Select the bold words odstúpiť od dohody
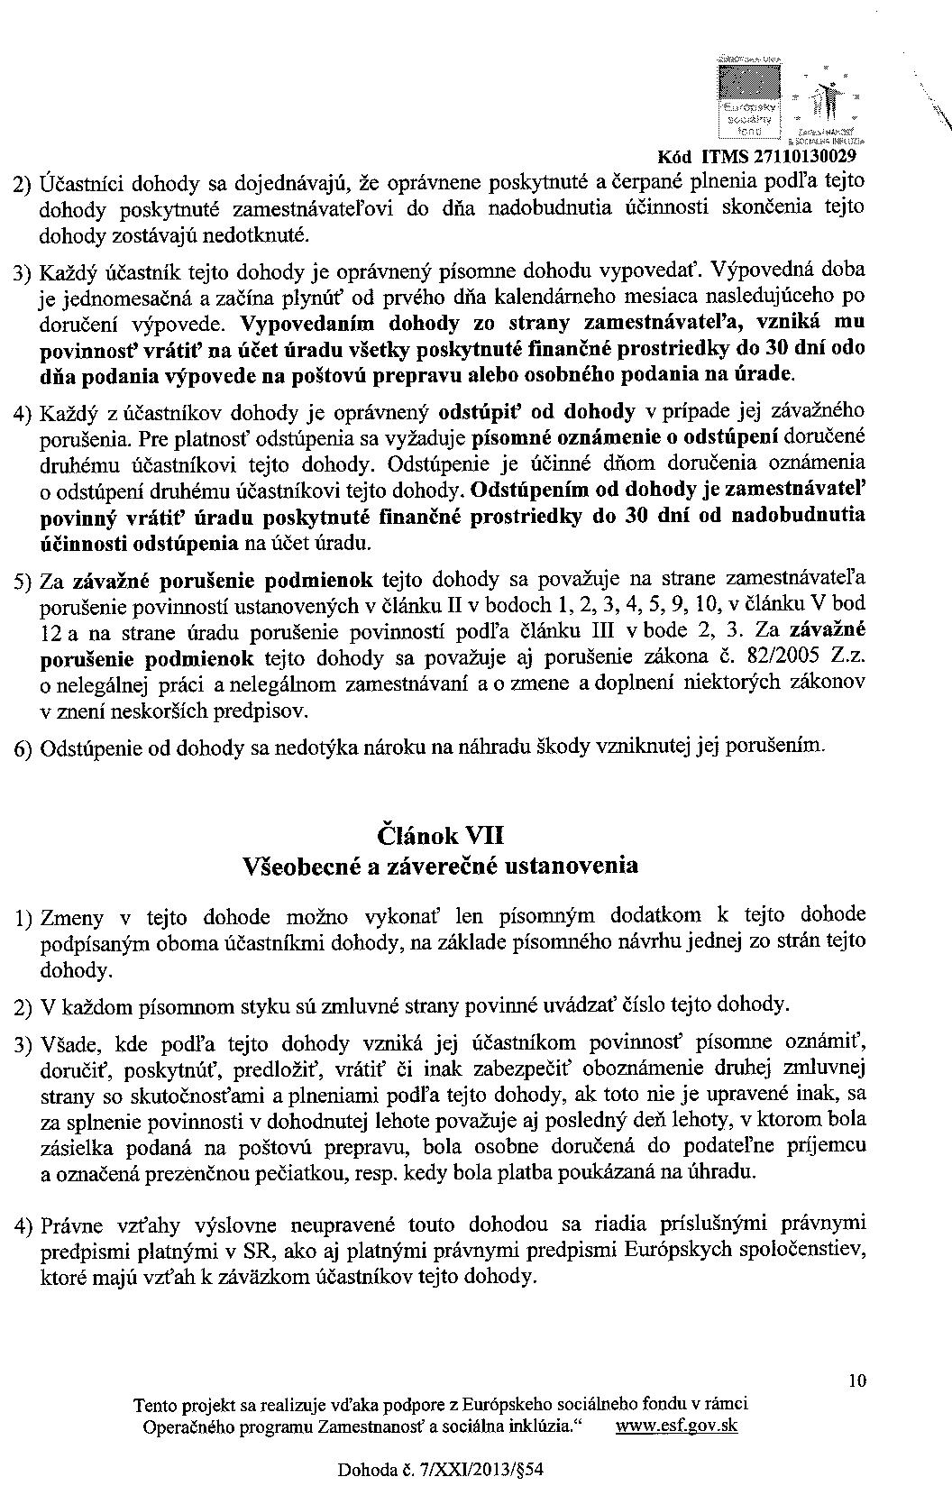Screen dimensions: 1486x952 coord(535,412)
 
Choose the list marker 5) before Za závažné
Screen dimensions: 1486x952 coord(23,582)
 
